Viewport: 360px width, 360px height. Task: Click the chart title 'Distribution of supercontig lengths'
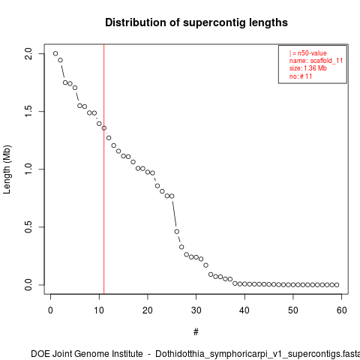[x=196, y=22]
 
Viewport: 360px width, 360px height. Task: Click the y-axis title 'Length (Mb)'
[x=7, y=169]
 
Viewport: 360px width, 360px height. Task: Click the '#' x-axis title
[x=196, y=332]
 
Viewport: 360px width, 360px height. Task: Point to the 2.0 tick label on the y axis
[x=28, y=53]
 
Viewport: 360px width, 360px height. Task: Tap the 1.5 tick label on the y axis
[x=28, y=111]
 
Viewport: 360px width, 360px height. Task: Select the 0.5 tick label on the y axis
[x=28, y=227]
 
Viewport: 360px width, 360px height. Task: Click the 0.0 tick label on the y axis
[x=28, y=285]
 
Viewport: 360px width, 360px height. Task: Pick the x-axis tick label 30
[x=196, y=310]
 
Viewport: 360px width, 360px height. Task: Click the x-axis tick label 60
[x=342, y=310]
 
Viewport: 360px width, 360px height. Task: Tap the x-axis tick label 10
[x=99, y=310]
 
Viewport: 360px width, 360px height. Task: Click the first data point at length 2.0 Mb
[x=55, y=53]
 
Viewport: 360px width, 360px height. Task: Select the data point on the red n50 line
[x=104, y=128]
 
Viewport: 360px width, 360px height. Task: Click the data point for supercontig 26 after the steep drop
[x=177, y=232]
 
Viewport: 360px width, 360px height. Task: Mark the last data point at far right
[x=337, y=285]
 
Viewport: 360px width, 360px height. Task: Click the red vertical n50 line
[x=103, y=169]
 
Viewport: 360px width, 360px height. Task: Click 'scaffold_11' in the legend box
[x=326, y=61]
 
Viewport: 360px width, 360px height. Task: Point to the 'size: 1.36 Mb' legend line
[x=308, y=68]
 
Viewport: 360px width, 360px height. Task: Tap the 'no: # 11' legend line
[x=301, y=76]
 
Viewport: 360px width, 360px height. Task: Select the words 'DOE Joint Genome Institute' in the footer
[x=87, y=354]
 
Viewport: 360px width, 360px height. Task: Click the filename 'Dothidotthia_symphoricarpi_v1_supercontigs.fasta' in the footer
[x=257, y=354]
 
